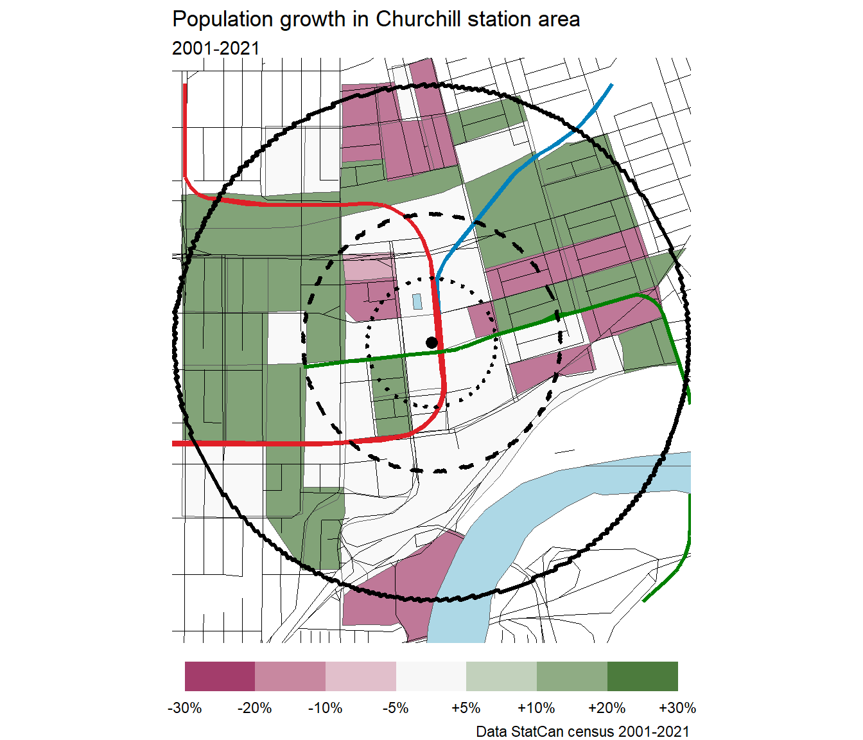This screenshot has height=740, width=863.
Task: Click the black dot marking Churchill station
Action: click(x=431, y=342)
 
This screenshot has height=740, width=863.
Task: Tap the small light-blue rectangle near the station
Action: click(x=417, y=301)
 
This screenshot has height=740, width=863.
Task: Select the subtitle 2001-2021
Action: click(x=216, y=48)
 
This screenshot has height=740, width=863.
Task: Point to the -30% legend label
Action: click(x=185, y=708)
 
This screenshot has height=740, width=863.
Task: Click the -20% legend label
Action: click(x=255, y=708)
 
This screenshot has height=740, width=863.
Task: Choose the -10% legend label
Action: click(x=326, y=708)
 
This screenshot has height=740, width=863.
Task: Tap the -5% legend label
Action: click(x=396, y=708)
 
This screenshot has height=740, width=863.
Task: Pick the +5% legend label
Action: click(x=466, y=708)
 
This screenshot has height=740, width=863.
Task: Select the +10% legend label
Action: click(x=536, y=708)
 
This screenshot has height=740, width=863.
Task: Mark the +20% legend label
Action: click(x=607, y=708)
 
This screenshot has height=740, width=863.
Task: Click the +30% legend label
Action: click(x=677, y=708)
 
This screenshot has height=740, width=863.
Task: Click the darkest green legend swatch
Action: click(x=642, y=676)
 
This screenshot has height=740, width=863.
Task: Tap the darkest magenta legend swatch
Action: click(x=220, y=676)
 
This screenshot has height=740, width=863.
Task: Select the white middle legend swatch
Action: click(x=431, y=676)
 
